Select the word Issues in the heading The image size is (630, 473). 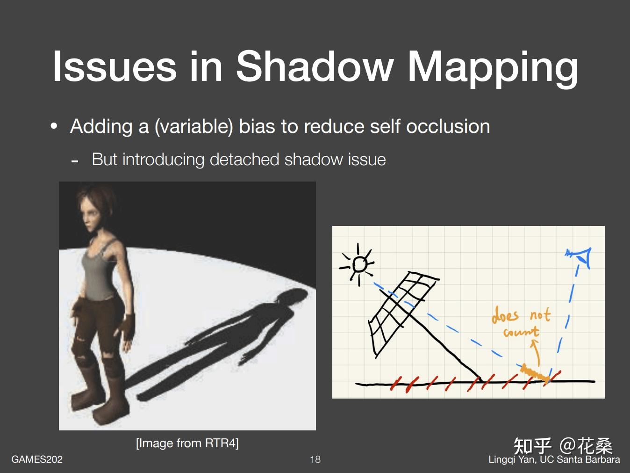[x=114, y=67]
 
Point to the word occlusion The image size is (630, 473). [x=448, y=126]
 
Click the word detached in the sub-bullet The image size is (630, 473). [x=244, y=160]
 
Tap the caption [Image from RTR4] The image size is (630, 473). [x=187, y=443]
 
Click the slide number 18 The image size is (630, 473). [x=315, y=459]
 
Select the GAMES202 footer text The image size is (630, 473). [x=37, y=459]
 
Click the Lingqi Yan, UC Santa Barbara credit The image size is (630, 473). [x=554, y=459]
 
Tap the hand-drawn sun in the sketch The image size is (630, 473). [x=358, y=264]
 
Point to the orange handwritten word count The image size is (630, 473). [x=522, y=332]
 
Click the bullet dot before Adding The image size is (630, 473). [x=54, y=126]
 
